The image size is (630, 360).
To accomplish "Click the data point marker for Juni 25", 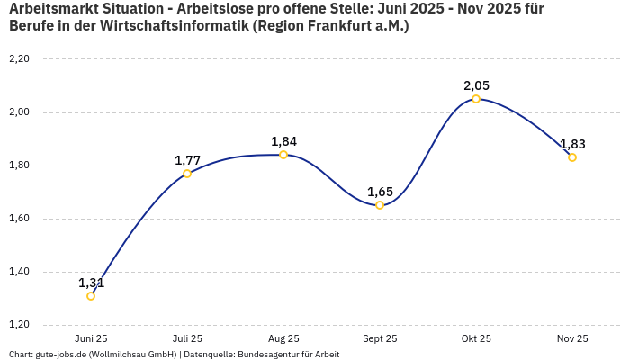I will [91, 296].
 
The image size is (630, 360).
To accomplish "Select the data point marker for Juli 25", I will [187, 174].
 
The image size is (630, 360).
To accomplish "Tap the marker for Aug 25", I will [283, 155].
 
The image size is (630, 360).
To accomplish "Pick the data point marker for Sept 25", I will [380, 205].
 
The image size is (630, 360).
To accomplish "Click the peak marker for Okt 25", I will [476, 99].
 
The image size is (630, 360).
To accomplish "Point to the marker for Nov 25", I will [572, 157].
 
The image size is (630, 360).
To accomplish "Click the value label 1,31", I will [91, 283].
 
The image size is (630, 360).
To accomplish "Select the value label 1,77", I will [187, 160].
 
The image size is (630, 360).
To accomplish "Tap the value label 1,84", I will [283, 141].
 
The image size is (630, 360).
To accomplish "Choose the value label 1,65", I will [380, 192].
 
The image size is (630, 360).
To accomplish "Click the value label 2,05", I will [476, 85].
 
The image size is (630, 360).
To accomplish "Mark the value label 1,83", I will [572, 144].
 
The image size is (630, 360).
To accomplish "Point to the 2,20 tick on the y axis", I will [19, 59].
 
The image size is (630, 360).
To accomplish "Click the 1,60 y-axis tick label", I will [19, 219].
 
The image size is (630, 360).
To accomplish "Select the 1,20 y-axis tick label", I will [19, 325].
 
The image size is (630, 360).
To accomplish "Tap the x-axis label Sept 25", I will [380, 338].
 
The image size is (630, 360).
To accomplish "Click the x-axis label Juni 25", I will [91, 338].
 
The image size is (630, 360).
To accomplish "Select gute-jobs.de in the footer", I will [60, 354].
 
